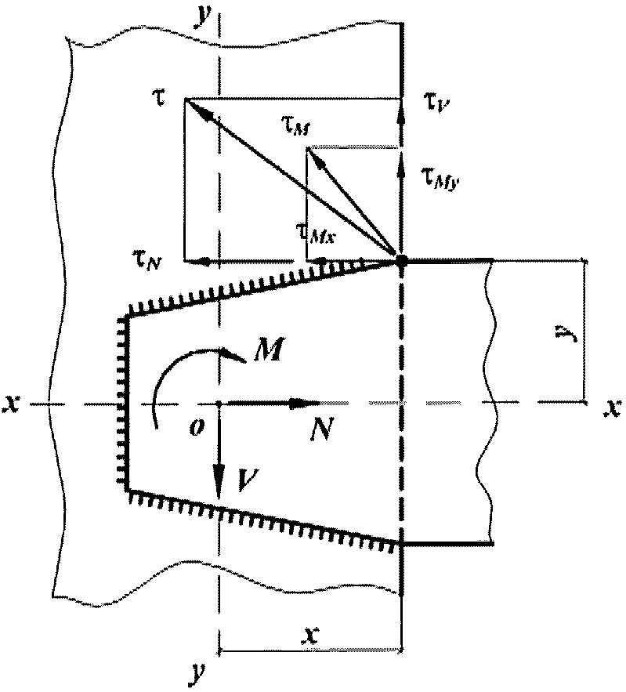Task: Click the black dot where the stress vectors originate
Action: click(x=402, y=260)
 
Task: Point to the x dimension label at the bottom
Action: click(x=313, y=632)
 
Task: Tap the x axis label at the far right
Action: click(x=609, y=405)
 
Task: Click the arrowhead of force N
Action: click(x=298, y=404)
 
